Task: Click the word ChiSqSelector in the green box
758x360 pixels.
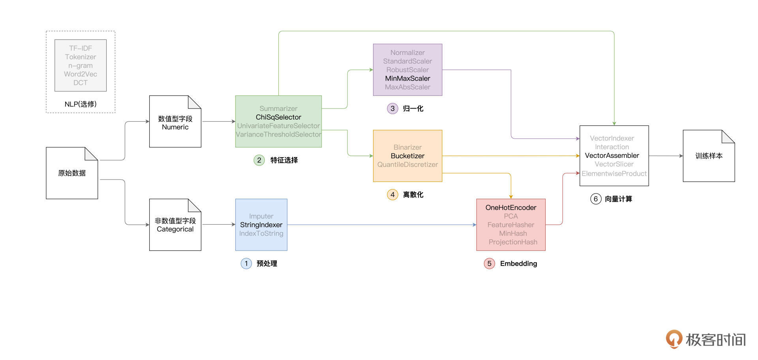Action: tap(278, 117)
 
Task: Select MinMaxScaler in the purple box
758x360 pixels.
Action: tap(407, 79)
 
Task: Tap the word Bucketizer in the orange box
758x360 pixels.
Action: tap(407, 156)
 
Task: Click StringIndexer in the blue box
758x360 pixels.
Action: tap(261, 225)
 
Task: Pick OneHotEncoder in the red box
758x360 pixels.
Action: tap(511, 208)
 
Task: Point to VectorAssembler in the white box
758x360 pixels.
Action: tap(612, 156)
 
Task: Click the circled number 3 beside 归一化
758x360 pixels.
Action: tap(392, 109)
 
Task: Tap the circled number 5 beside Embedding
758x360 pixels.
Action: tap(489, 264)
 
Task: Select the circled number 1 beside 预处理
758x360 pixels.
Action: tap(246, 264)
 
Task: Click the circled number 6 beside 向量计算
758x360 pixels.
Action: tap(595, 199)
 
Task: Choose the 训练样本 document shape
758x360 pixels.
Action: tap(709, 156)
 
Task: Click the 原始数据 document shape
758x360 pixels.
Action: tap(72, 173)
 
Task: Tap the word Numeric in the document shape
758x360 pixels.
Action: tap(175, 127)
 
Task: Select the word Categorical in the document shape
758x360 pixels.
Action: tap(175, 229)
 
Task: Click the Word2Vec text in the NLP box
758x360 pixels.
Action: tap(81, 74)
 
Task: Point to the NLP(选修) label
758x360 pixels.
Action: tap(81, 104)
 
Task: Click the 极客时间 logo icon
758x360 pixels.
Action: tap(674, 339)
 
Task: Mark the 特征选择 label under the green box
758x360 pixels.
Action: tap(284, 160)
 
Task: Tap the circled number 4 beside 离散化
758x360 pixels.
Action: tap(392, 195)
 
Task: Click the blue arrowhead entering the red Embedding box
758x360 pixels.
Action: tap(474, 225)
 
